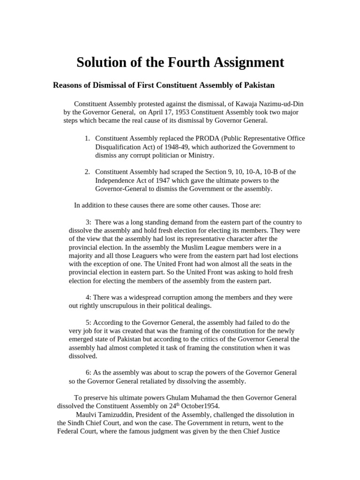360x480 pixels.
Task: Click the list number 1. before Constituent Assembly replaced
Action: pyautogui.click(x=88, y=138)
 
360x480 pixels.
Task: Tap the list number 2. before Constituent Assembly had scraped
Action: pyautogui.click(x=88, y=172)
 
